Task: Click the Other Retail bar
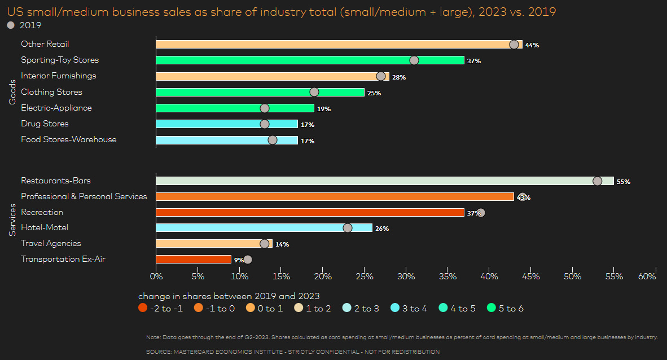point(333,45)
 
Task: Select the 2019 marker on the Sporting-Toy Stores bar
point(414,60)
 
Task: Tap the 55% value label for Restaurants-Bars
point(623,182)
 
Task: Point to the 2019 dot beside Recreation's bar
point(481,213)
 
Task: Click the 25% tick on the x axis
point(365,276)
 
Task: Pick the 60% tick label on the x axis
point(647,276)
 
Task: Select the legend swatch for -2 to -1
point(143,309)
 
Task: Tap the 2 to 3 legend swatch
point(347,309)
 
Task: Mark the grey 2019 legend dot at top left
point(10,25)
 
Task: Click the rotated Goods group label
point(12,92)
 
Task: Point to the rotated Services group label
point(12,220)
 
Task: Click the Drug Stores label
point(45,124)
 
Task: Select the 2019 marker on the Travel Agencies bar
point(265,244)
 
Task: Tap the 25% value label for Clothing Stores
point(374,93)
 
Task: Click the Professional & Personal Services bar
point(335,197)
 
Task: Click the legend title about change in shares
point(229,296)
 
